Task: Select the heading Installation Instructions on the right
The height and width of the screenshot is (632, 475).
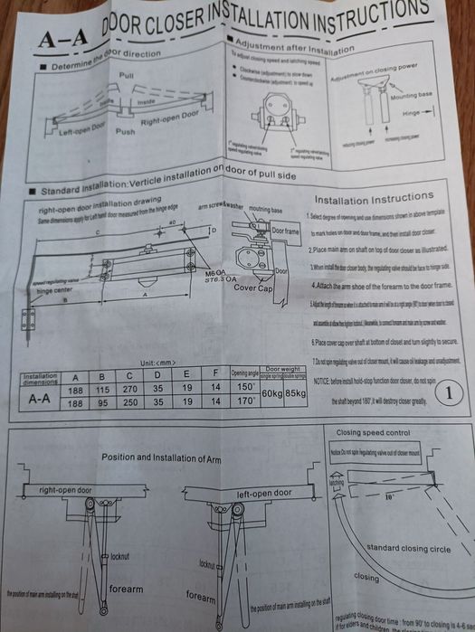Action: (x=372, y=196)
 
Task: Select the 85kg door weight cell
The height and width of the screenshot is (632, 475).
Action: (x=296, y=395)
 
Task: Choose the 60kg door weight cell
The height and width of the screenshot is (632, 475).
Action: (x=271, y=395)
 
